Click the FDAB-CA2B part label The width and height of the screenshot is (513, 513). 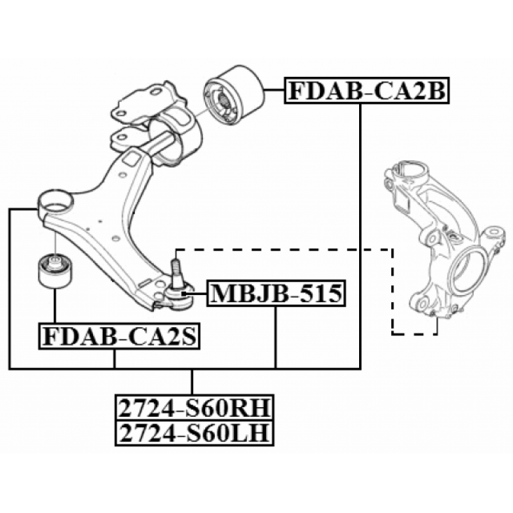[x=367, y=90]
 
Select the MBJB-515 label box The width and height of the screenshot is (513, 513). [x=276, y=293]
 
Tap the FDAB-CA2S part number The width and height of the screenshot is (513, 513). [x=119, y=336]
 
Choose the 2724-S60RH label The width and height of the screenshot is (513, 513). [x=194, y=407]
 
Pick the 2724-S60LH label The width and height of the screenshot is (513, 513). [x=194, y=433]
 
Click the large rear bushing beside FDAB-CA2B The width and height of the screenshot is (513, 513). [x=233, y=95]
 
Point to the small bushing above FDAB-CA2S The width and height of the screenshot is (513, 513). [x=55, y=270]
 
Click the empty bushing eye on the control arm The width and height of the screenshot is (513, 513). [x=55, y=202]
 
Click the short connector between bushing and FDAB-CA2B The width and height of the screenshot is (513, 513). [x=274, y=90]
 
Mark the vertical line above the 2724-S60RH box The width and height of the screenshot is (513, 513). [x=192, y=382]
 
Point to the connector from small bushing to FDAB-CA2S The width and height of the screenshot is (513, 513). [x=55, y=306]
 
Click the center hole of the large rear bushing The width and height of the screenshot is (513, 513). [x=223, y=99]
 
